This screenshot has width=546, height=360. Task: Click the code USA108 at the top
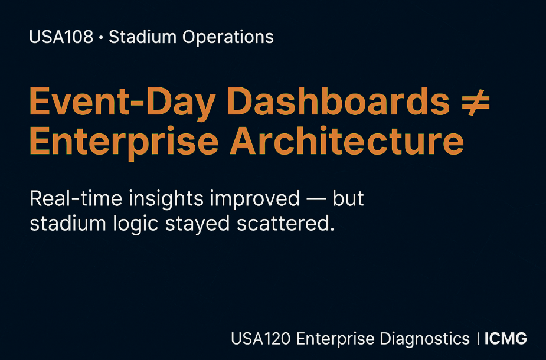click(x=61, y=37)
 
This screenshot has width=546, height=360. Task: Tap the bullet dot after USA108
click(x=101, y=38)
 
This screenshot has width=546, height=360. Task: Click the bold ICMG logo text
click(x=505, y=339)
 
